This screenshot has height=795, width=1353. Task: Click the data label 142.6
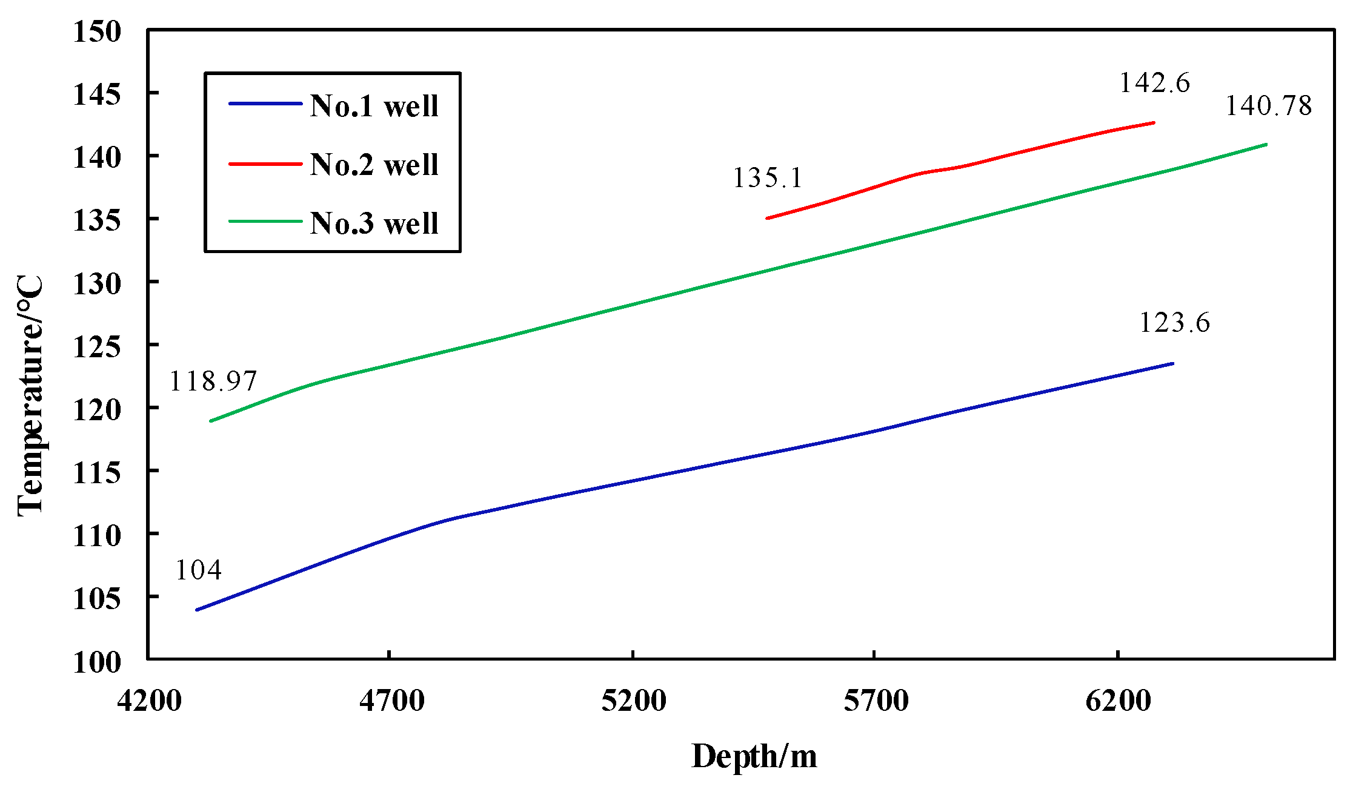[x=1154, y=83]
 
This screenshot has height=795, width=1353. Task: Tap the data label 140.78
[x=1268, y=106]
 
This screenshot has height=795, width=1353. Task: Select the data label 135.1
[x=767, y=178]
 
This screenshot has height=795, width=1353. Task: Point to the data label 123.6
[x=1174, y=323]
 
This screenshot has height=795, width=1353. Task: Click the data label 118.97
[x=213, y=381]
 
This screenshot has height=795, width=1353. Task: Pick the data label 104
[x=198, y=570]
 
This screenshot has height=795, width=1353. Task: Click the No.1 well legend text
[x=374, y=106]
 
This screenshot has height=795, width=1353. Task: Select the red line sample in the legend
[x=265, y=163]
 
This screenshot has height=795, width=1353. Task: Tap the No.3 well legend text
[x=374, y=223]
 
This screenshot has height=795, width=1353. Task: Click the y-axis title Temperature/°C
[x=30, y=397]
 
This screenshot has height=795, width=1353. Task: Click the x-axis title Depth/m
[x=754, y=756]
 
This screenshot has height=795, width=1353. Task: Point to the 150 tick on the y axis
[x=97, y=31]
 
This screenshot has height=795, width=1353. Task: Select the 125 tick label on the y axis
[x=97, y=346]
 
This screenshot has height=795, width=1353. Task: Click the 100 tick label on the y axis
[x=97, y=662]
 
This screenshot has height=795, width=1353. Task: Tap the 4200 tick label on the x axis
[x=149, y=701]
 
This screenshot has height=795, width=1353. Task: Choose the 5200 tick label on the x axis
[x=633, y=701]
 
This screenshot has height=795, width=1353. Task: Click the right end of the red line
[x=1153, y=123]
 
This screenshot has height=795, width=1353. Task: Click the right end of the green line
[x=1266, y=145]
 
